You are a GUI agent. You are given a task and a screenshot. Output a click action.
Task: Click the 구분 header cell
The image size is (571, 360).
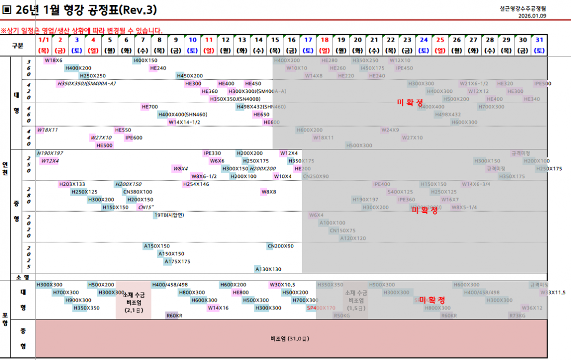[x=18, y=45]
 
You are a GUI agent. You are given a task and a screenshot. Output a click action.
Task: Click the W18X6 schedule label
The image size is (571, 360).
[x=53, y=61]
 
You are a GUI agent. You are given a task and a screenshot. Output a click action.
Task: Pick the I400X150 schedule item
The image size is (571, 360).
[x=145, y=61]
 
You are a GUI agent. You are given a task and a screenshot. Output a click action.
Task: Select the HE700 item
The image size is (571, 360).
[x=149, y=107]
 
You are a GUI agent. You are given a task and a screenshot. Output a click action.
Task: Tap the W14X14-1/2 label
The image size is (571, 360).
[x=184, y=122]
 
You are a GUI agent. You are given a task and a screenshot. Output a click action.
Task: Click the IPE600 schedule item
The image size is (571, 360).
[x=133, y=137]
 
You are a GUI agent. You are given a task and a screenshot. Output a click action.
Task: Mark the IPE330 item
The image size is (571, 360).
[x=212, y=153]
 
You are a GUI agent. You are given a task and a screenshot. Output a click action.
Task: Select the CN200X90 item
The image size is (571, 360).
[x=280, y=246]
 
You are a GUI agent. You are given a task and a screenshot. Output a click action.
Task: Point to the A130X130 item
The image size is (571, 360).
[x=268, y=269]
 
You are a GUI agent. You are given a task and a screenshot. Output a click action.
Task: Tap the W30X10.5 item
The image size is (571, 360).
[x=282, y=285]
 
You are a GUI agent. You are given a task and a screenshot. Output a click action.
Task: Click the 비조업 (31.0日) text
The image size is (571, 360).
[x=290, y=339]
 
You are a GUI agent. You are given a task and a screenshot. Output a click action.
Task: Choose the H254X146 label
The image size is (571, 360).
[x=196, y=184]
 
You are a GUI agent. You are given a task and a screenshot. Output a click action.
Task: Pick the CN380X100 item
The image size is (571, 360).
[x=138, y=192]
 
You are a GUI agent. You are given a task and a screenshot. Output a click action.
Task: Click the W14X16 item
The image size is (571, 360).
[x=217, y=308]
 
